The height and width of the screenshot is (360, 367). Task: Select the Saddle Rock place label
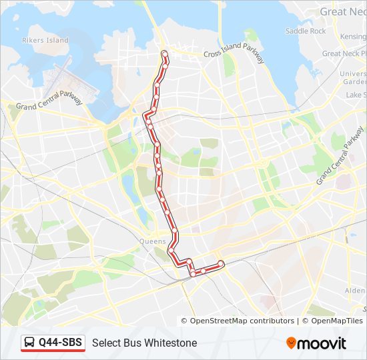pos(306,31)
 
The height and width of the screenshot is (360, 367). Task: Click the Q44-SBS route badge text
pos(60,343)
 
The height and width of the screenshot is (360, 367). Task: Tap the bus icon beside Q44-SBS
pos(31,343)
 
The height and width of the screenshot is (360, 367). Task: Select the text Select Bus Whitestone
pos(144,343)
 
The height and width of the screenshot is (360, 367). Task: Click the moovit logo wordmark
pos(322,343)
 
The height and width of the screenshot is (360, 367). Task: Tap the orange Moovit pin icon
pos(292,343)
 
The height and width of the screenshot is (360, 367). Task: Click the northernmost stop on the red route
pos(165,54)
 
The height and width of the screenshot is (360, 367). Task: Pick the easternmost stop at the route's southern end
pos(221,265)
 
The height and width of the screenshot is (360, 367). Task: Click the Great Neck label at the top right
pos(342,11)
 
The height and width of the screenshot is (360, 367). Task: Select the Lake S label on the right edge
pos(356,95)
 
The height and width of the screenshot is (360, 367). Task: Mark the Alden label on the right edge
pos(355,291)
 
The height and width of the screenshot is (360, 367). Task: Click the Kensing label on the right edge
pos(352,36)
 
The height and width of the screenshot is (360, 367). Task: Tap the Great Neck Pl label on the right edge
pos(344,53)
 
